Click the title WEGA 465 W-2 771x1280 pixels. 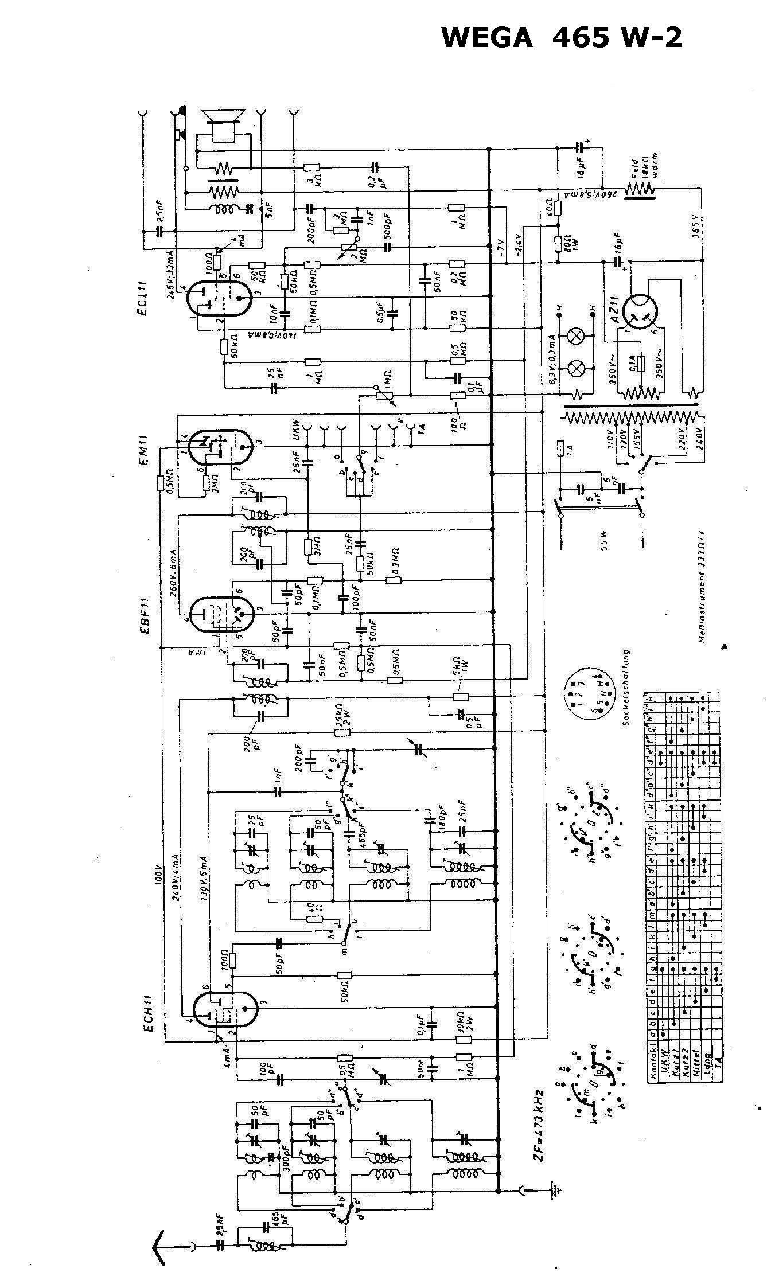(x=562, y=38)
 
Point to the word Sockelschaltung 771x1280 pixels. (x=628, y=688)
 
